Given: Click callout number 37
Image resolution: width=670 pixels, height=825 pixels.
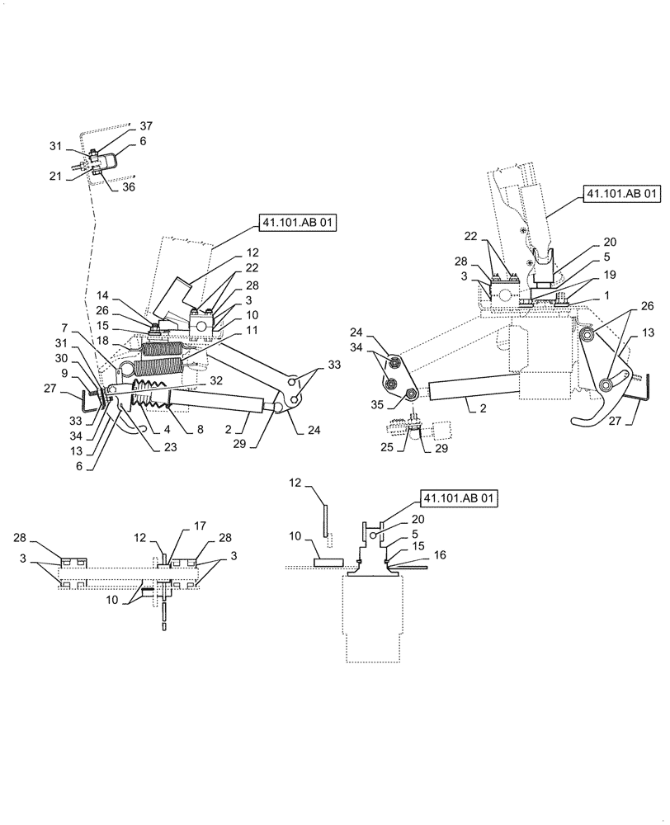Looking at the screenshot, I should [146, 125].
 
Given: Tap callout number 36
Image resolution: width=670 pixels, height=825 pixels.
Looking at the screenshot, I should [129, 186].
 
